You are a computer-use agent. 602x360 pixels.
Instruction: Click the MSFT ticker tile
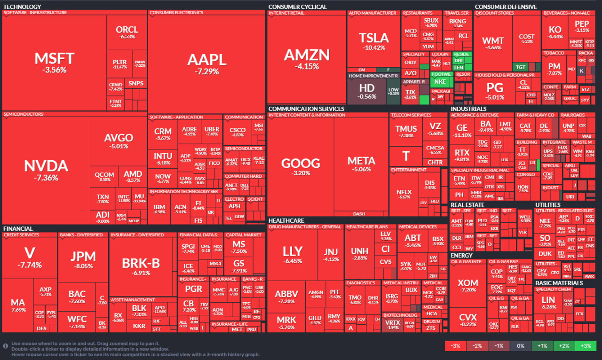point(54,62)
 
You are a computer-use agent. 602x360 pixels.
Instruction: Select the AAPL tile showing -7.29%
point(207,63)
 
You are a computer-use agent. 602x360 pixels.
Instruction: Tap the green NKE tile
point(441,81)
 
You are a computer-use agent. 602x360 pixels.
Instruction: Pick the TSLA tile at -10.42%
point(374,41)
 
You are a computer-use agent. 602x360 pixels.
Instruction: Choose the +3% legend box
point(586,346)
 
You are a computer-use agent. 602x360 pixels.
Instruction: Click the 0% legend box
point(521,346)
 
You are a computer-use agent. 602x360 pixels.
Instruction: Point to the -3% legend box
point(455,346)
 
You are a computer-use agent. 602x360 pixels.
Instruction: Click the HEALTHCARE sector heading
point(286,220)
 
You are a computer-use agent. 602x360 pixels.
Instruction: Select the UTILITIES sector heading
point(548,205)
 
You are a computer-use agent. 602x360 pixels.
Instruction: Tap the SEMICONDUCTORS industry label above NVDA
point(24,114)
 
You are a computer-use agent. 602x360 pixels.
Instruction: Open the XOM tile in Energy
point(467,286)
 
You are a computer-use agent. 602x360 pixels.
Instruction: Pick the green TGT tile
point(520,67)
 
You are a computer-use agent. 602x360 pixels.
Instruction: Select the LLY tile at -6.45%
point(293,254)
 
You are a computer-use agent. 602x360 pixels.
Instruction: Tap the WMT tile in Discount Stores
point(493,43)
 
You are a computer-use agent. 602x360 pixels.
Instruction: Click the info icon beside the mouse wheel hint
point(6,346)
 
